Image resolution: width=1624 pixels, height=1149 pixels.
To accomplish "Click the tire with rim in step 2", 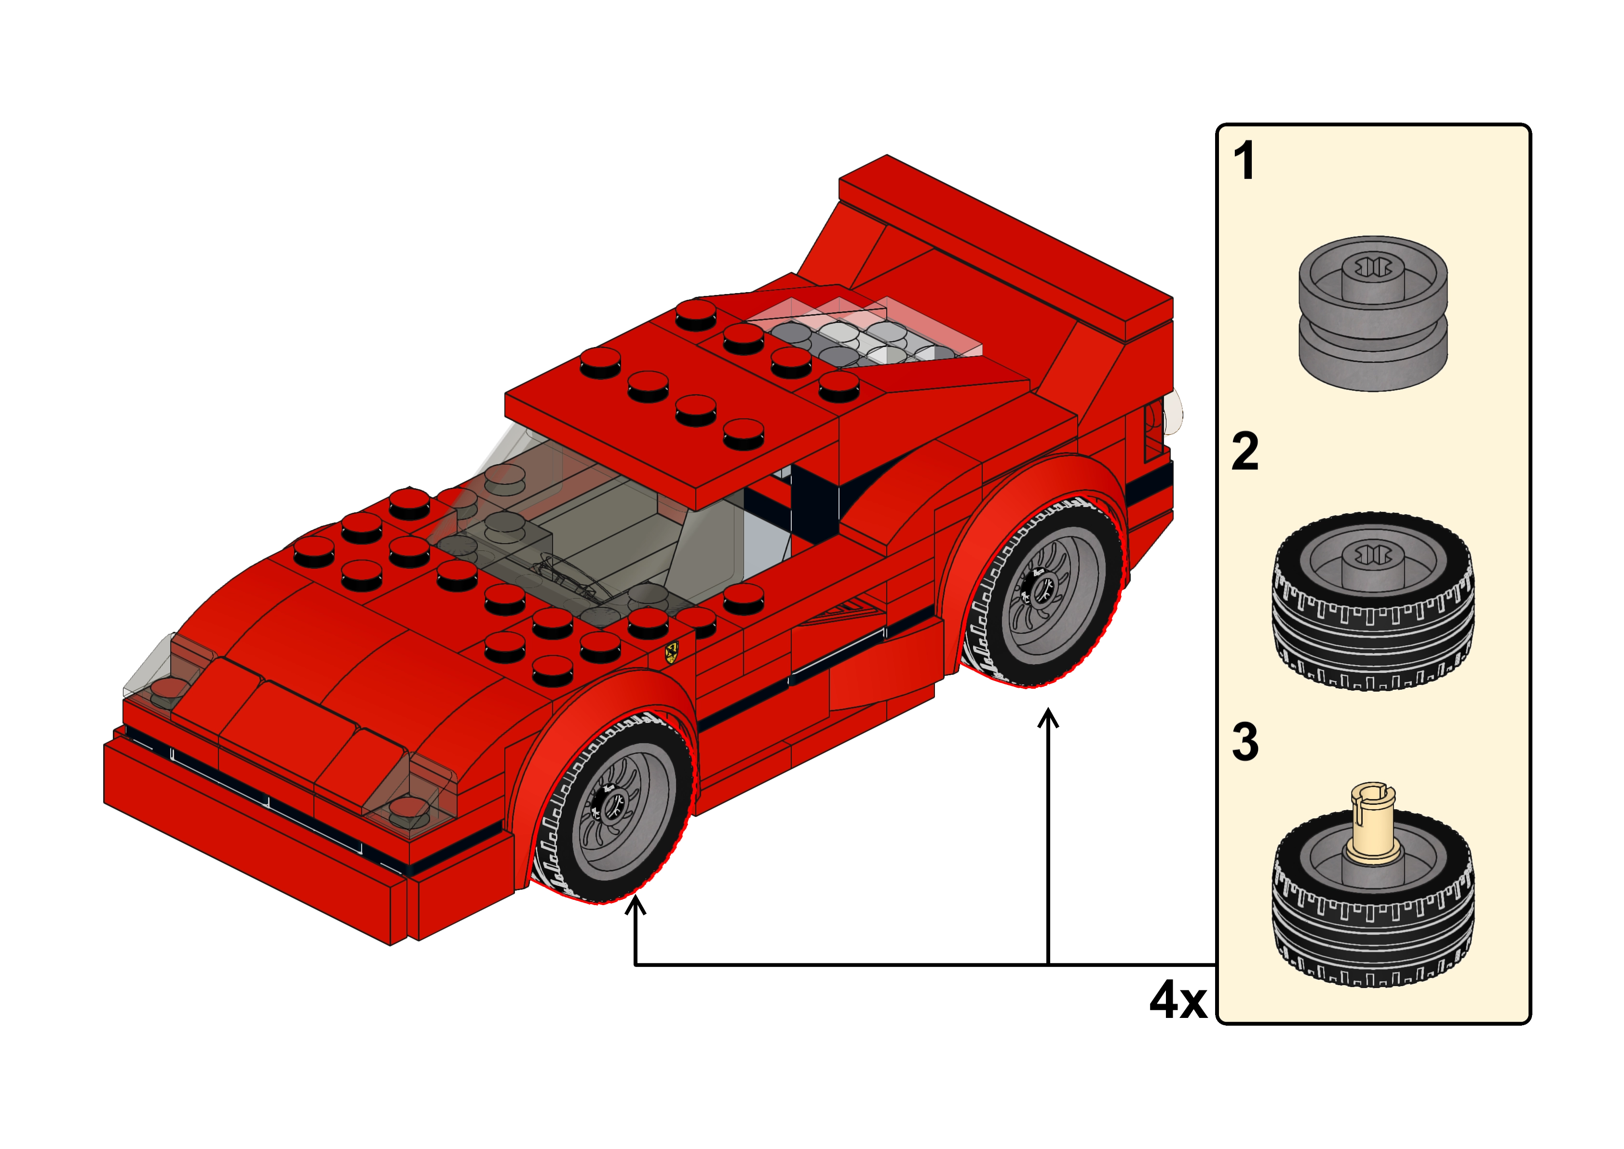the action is (1373, 602).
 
